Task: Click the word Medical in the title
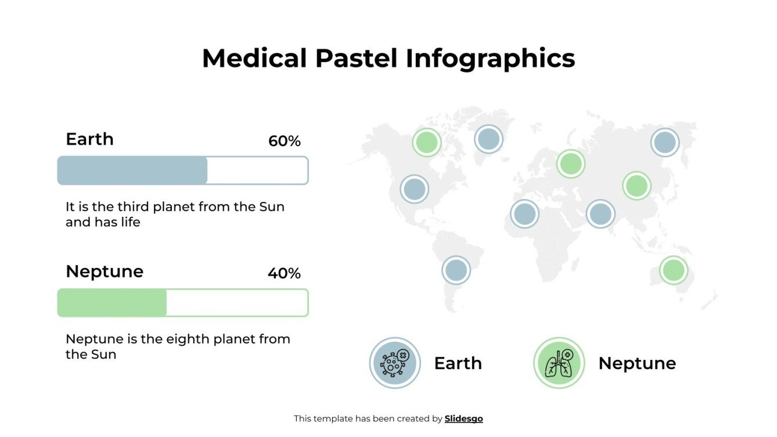(254, 59)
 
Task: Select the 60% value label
(284, 141)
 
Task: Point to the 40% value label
(284, 273)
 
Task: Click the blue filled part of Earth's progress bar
(132, 171)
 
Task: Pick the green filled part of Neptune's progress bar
(112, 303)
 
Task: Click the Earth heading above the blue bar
(89, 139)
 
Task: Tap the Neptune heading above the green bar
(105, 272)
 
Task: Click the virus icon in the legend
(395, 363)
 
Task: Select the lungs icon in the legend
(559, 363)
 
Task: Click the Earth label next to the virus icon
(458, 363)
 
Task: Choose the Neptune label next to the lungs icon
(637, 363)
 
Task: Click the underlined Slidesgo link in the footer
(463, 418)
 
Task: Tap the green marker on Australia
(674, 270)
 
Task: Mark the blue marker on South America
(456, 270)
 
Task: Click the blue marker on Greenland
(488, 139)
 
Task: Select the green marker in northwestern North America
(427, 142)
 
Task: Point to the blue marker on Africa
(524, 214)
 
